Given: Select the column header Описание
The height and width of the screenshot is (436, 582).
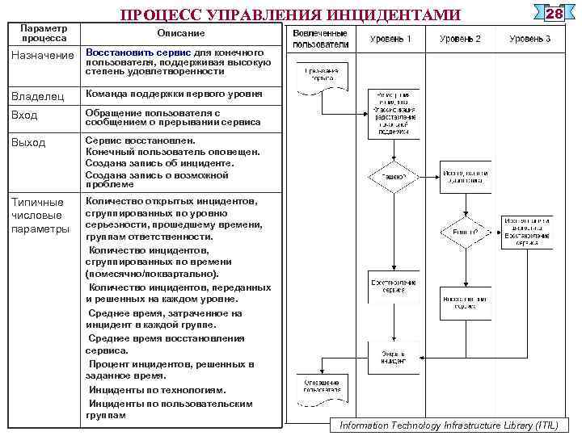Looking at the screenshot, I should (181, 33).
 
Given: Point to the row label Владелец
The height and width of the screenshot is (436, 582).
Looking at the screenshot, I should (37, 96).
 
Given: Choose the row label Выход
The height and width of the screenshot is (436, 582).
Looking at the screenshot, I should (29, 143).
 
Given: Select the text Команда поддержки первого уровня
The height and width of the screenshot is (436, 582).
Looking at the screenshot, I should (174, 94).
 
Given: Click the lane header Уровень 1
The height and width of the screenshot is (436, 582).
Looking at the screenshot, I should (390, 39).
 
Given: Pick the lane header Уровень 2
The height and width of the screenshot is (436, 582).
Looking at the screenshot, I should (460, 39).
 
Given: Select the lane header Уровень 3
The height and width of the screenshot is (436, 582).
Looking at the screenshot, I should (529, 39).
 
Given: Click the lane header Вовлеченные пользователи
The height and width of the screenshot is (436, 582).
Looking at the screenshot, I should (320, 39).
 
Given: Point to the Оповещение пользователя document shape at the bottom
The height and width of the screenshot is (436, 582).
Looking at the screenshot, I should (321, 385).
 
